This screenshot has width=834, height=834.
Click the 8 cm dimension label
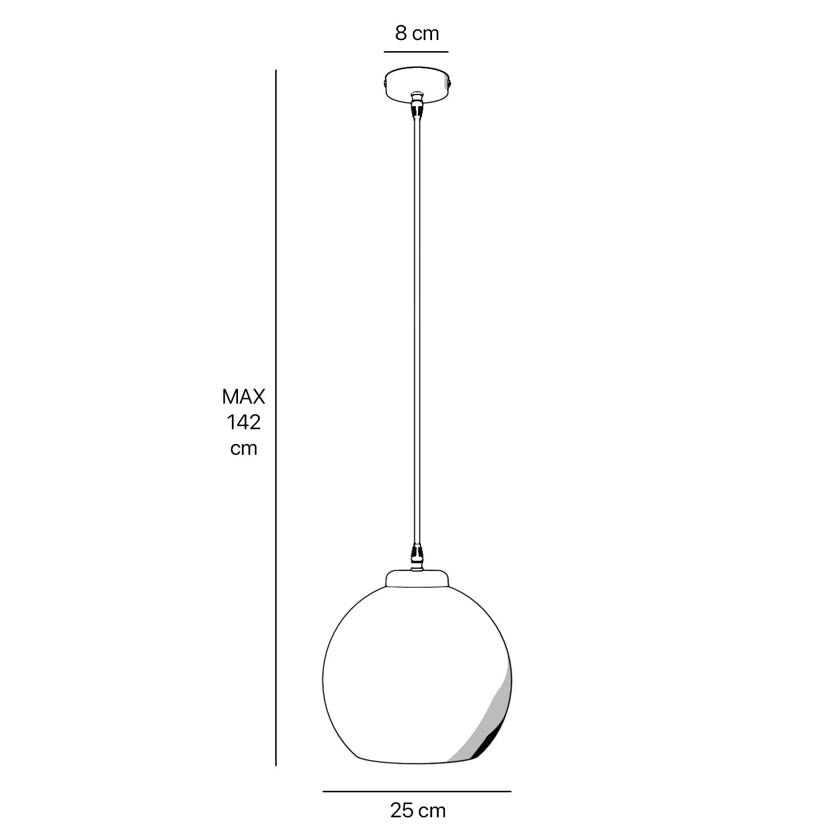pyautogui.click(x=417, y=33)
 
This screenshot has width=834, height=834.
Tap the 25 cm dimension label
pyautogui.click(x=418, y=810)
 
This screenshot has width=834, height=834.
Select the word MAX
pyautogui.click(x=244, y=397)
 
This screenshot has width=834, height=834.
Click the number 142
pyautogui.click(x=244, y=423)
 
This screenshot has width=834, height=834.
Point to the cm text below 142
pyautogui.click(x=244, y=448)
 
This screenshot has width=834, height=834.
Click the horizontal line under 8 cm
pyautogui.click(x=416, y=52)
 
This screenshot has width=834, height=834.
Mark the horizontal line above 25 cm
pyautogui.click(x=417, y=791)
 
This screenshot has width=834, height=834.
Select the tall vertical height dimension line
pyautogui.click(x=276, y=417)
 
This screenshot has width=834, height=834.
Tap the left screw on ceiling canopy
pyautogui.click(x=384, y=83)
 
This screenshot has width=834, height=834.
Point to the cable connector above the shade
pyautogui.click(x=416, y=555)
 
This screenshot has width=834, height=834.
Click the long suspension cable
pyautogui.click(x=416, y=334)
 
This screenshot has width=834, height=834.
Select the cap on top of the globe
pyautogui.click(x=416, y=577)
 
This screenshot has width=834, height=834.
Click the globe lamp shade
pyautogui.click(x=400, y=678)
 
